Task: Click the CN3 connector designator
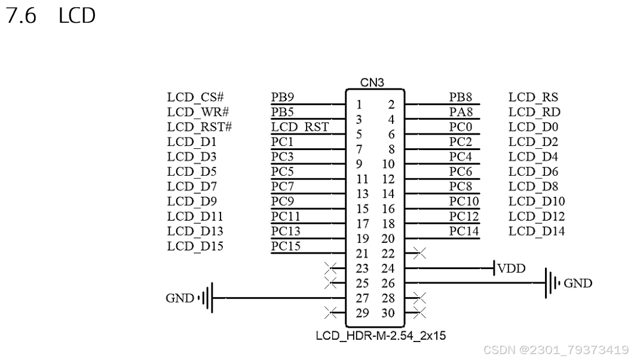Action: pyautogui.click(x=373, y=83)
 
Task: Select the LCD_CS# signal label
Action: pyautogui.click(x=195, y=97)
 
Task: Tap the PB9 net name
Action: pyautogui.click(x=283, y=97)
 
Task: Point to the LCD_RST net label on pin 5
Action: pyautogui.click(x=300, y=127)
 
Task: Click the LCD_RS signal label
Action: pyautogui.click(x=534, y=97)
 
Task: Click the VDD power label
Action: pyautogui.click(x=511, y=269)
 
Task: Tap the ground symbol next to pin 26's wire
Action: pyautogui.click(x=551, y=283)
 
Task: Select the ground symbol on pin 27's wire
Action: pyautogui.click(x=207, y=297)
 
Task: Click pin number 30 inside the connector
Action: pyautogui.click(x=388, y=312)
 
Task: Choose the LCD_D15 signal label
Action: pyautogui.click(x=195, y=246)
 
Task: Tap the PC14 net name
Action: pyautogui.click(x=464, y=231)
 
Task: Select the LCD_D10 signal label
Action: pyautogui.click(x=537, y=201)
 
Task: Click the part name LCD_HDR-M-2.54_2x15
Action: pyautogui.click(x=381, y=335)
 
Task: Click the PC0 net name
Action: pyautogui.click(x=461, y=127)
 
